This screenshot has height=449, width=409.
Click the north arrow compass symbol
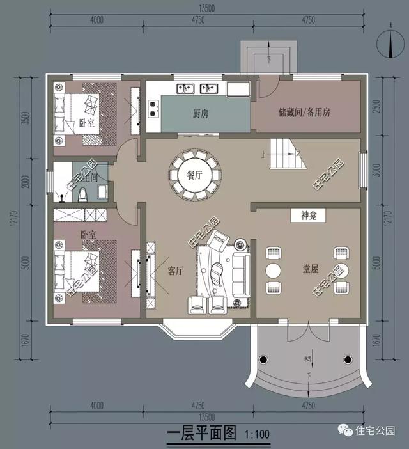pyautogui.click(x=389, y=43)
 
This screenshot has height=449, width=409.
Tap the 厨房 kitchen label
pyautogui.click(x=202, y=113)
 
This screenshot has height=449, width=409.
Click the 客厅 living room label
pyautogui.click(x=176, y=271)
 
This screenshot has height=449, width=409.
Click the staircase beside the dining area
pyautogui.click(x=285, y=154)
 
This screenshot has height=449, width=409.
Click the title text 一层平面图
pyautogui.click(x=201, y=436)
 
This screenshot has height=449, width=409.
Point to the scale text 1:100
pyautogui.click(x=257, y=437)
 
